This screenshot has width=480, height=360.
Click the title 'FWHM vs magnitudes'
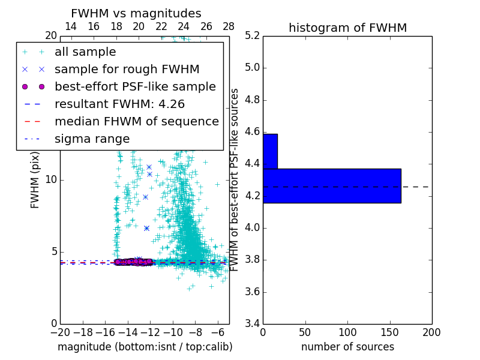coord(136,13)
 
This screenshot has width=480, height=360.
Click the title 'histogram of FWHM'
coord(347,28)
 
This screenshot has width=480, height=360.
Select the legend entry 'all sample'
coord(85,52)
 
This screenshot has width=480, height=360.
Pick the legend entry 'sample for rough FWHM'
coord(127,69)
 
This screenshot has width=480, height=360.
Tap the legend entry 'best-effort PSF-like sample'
coord(135,86)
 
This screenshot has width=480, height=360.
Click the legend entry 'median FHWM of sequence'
coord(136,121)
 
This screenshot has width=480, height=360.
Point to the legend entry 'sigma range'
coord(92,139)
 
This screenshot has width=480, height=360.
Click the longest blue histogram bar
coord(331,186)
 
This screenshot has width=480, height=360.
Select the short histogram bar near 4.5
coord(270,151)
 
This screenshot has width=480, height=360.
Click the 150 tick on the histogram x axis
coord(389,332)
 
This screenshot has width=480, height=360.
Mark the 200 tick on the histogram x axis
coord(431,332)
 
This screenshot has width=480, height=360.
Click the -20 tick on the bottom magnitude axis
coord(60,332)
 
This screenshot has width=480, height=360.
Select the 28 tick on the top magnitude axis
coord(229,26)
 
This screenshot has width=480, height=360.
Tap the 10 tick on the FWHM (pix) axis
coord(51,180)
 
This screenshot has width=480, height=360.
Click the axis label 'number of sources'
coord(347,347)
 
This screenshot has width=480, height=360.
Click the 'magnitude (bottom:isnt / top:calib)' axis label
coord(145,347)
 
